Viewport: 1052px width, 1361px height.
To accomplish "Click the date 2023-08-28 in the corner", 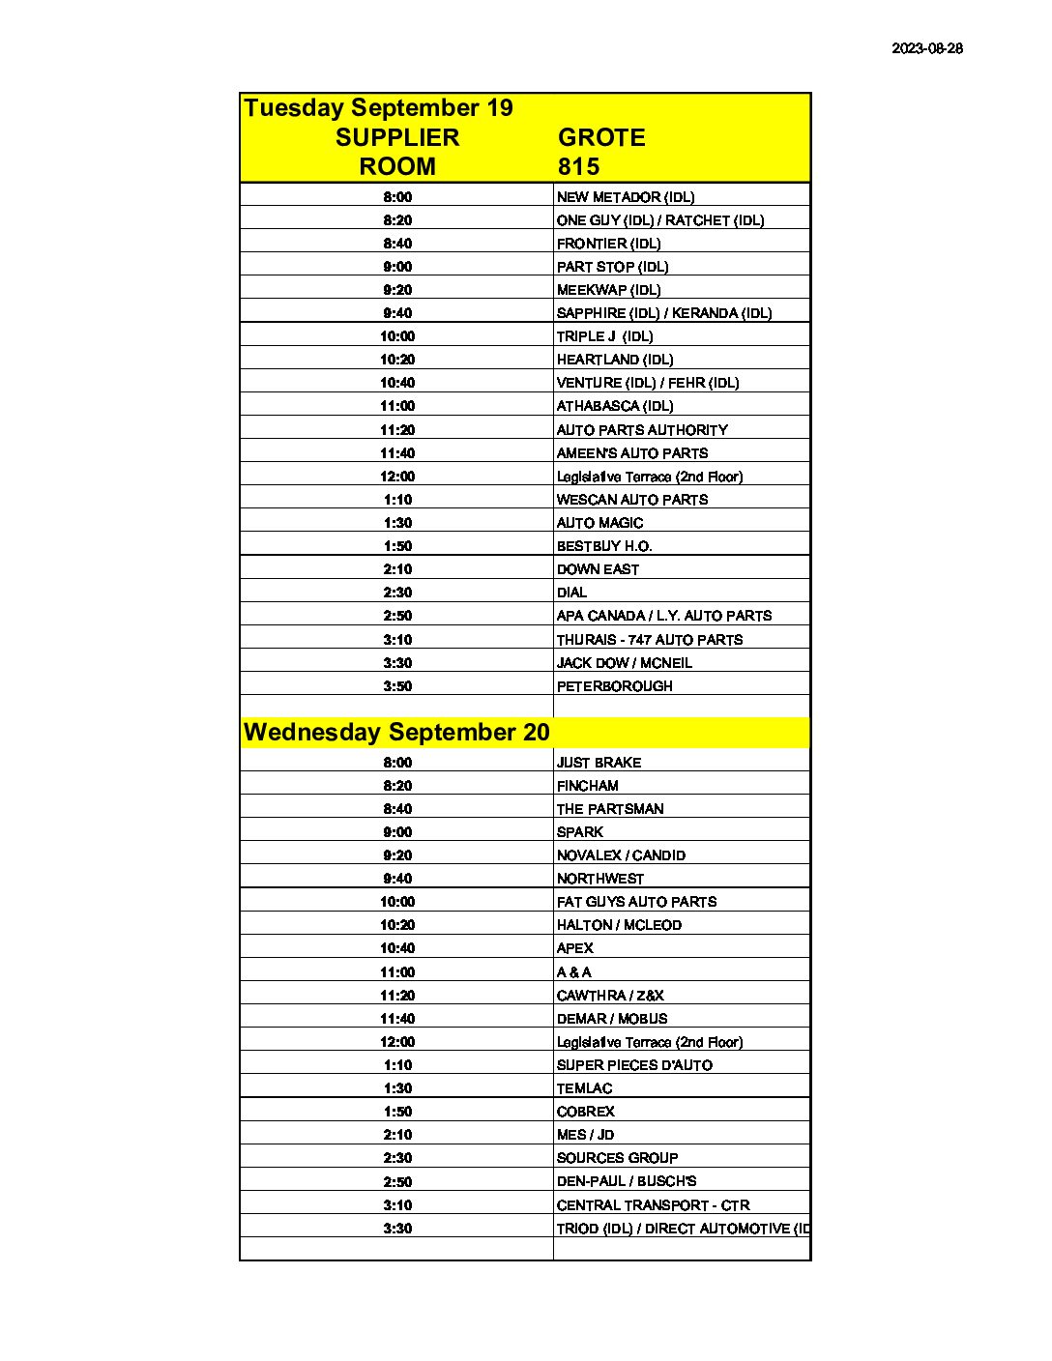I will click(x=926, y=48).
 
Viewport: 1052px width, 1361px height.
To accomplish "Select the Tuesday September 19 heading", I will click(x=378, y=107).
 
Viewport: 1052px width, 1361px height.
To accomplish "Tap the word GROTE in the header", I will click(x=601, y=137).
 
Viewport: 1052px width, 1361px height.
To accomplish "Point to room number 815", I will click(x=578, y=166).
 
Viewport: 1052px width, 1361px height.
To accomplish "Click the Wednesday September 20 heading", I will click(x=396, y=732).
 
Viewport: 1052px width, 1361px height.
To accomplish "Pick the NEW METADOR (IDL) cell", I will click(x=626, y=197).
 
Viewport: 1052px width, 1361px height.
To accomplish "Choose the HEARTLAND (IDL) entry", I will click(x=615, y=360).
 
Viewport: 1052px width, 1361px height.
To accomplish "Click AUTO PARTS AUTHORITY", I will click(x=642, y=430).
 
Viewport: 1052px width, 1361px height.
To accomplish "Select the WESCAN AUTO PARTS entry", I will click(x=632, y=500).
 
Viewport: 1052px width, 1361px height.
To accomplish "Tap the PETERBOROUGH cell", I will click(x=615, y=686).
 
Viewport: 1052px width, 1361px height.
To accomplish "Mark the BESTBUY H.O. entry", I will click(x=604, y=546).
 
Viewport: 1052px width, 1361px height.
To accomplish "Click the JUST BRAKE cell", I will click(x=599, y=763).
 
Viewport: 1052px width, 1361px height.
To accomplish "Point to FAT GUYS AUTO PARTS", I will click(x=636, y=902).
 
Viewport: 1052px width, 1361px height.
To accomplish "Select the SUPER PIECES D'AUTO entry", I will click(x=634, y=1065).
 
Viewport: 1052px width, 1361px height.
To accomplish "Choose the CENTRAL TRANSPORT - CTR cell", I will click(x=653, y=1205).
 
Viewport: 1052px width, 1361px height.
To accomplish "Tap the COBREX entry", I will click(x=585, y=1112).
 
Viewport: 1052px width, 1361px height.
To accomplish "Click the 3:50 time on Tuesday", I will click(x=397, y=686).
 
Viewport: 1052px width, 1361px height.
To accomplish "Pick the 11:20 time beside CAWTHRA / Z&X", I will click(x=397, y=996).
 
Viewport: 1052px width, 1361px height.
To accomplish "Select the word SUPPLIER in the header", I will click(x=397, y=137).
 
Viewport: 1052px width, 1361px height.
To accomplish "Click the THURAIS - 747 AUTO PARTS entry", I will click(x=650, y=640).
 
